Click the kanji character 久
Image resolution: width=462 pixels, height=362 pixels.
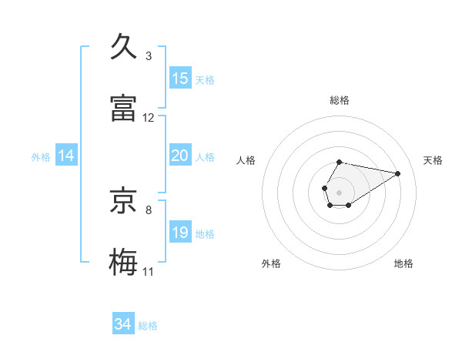pos(125,47)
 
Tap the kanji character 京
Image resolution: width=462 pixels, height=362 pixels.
pos(125,201)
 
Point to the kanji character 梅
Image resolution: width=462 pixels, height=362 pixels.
pos(125,262)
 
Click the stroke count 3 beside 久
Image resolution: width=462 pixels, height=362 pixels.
pos(149,56)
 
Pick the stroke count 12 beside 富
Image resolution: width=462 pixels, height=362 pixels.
pos(149,118)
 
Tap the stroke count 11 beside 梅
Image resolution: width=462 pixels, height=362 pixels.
pos(149,272)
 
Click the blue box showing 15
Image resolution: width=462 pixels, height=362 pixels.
pos(180,79)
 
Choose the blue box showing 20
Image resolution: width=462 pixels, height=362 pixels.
pos(180,156)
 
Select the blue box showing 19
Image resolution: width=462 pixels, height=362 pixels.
pos(180,233)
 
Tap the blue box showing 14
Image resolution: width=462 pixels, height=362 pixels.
pos(66,156)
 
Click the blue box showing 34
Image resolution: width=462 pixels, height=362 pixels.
pos(123,325)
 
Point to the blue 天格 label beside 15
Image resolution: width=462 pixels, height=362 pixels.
pos(205,80)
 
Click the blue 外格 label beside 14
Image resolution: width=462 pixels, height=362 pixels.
pos(41,157)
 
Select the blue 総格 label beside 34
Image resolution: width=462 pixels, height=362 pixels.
pos(148,327)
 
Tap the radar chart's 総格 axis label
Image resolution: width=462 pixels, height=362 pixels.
pos(340,100)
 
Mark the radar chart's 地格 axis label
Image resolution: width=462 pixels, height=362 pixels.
pos(403,263)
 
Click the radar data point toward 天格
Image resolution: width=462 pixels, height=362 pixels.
pos(398,173)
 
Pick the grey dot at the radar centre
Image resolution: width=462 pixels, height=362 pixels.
pos(339,191)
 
